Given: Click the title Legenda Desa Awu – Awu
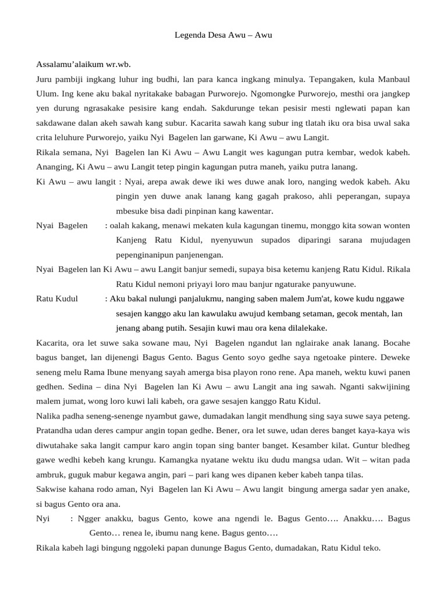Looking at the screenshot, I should tap(223, 36).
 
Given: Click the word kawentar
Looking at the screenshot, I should tap(251, 211).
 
